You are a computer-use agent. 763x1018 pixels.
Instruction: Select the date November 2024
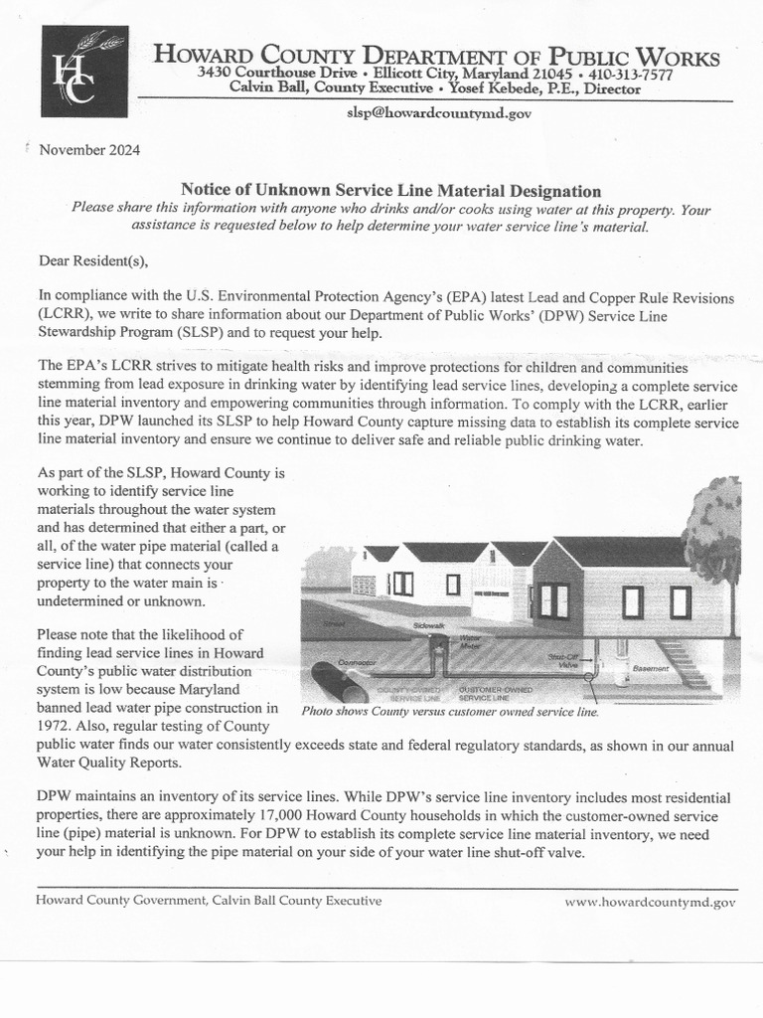click(x=89, y=151)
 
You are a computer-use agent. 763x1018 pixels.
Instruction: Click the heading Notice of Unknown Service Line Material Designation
click(x=390, y=190)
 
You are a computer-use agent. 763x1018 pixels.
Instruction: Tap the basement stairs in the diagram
click(x=685, y=663)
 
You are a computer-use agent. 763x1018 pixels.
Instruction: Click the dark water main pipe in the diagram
click(x=339, y=682)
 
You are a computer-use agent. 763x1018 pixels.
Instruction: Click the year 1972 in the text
click(x=56, y=727)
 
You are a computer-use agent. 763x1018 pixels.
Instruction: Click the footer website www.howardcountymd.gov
click(x=650, y=903)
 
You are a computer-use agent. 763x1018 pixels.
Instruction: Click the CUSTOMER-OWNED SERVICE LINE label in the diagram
click(x=495, y=693)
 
